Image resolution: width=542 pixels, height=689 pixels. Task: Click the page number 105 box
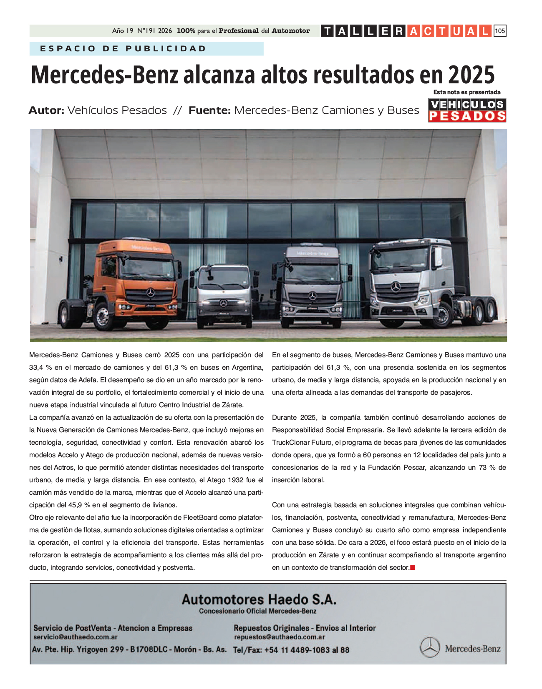click(499, 31)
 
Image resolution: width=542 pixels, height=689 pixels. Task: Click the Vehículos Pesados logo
click(467, 110)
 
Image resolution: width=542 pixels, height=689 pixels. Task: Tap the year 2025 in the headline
click(471, 75)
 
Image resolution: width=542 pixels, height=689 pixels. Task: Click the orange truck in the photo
click(125, 283)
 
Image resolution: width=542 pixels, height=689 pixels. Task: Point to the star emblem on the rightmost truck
click(395, 286)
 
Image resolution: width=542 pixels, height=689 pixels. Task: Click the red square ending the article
click(413, 567)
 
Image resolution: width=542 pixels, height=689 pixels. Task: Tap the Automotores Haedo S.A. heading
click(259, 599)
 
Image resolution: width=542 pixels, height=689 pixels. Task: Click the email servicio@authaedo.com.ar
click(75, 637)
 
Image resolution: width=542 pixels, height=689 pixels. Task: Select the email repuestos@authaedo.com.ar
click(279, 637)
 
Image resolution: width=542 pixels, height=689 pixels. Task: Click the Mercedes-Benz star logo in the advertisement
click(429, 647)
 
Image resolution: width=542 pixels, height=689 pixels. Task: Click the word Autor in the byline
click(46, 110)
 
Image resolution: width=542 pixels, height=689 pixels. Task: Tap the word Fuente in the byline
click(209, 110)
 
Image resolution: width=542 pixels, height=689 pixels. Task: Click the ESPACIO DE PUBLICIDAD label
click(123, 49)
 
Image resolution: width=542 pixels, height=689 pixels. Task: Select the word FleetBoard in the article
click(200, 517)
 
